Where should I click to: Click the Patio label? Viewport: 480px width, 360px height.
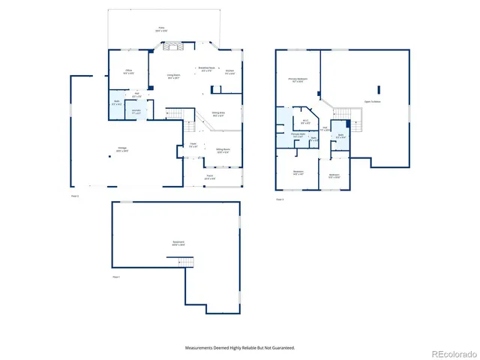(161, 30)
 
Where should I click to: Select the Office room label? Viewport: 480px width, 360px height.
(129, 71)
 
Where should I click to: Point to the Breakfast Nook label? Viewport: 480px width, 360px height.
(207, 68)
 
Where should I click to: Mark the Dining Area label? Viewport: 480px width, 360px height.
(218, 114)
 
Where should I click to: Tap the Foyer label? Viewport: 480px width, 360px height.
(193, 145)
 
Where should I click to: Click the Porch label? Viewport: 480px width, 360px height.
(211, 178)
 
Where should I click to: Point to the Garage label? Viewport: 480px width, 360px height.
(121, 148)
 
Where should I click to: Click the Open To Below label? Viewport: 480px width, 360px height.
(372, 101)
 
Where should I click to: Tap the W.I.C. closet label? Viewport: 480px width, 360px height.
(305, 121)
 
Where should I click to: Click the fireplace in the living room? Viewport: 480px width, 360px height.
(173, 47)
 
